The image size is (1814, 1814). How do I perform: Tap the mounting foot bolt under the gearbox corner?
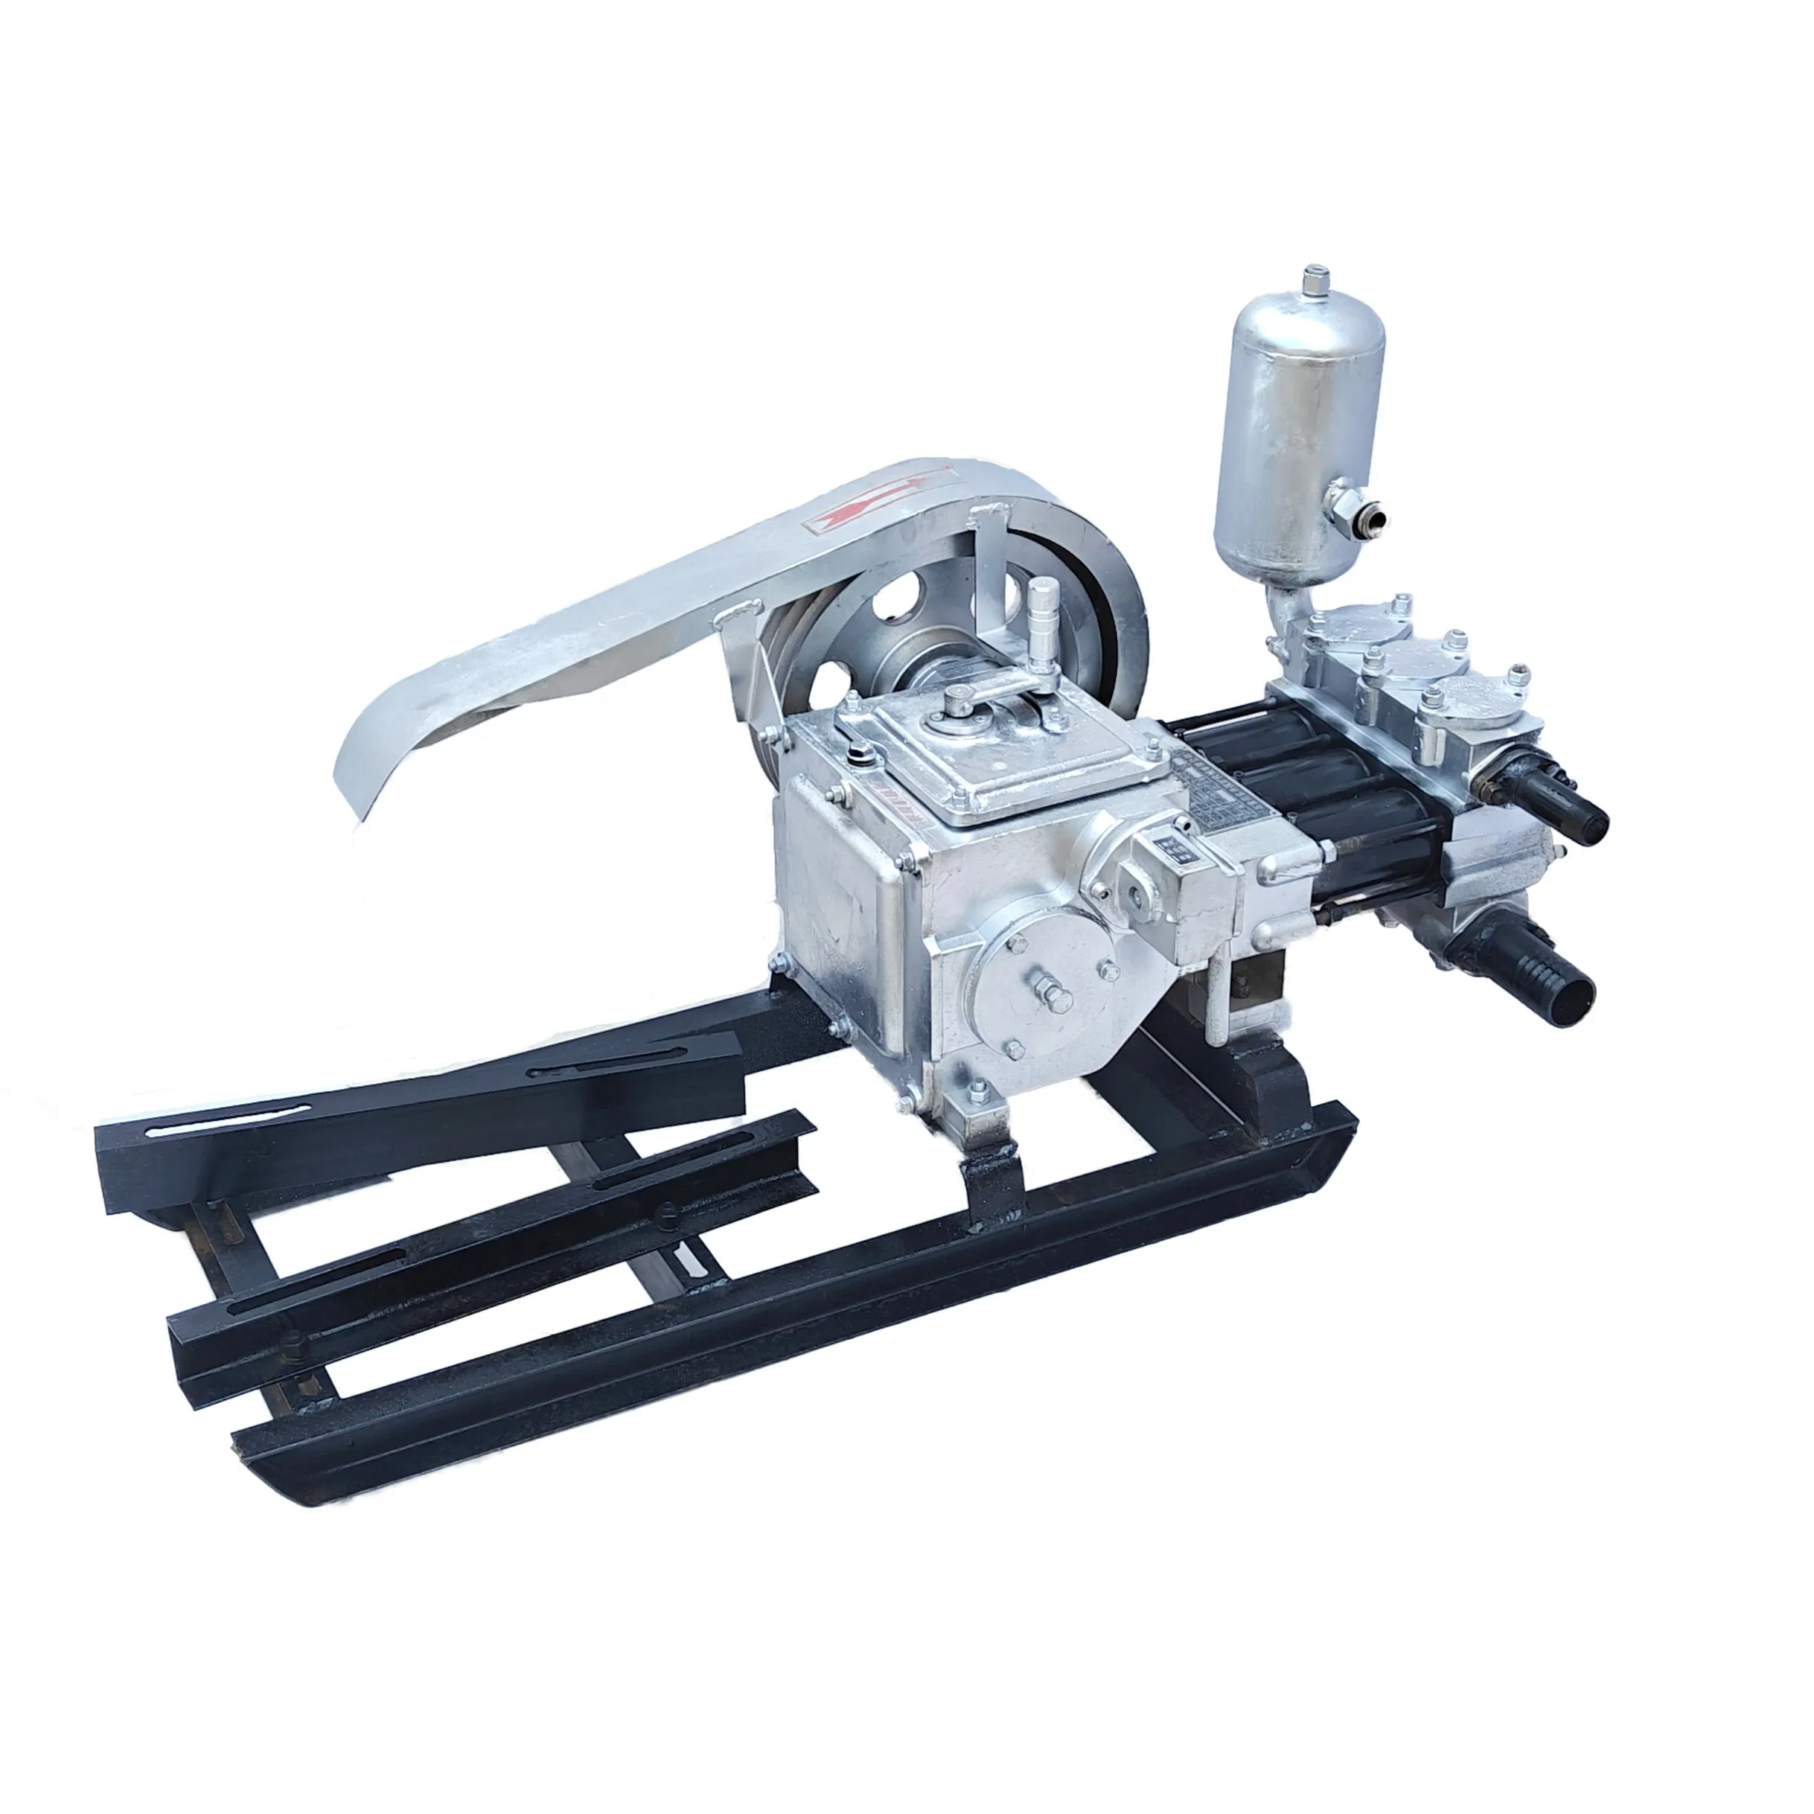[977, 1091]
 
